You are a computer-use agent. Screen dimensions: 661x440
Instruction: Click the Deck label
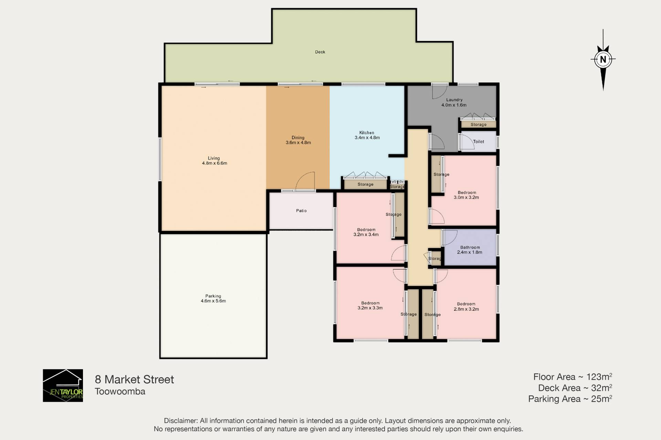(320, 52)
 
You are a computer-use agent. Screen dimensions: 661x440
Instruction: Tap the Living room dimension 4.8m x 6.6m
(214, 163)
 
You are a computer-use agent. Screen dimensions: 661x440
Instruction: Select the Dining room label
(298, 138)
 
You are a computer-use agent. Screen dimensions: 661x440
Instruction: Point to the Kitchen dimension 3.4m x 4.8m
(367, 138)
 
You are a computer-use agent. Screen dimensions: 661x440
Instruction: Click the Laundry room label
(454, 100)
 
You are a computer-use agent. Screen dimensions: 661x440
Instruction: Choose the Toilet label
(479, 142)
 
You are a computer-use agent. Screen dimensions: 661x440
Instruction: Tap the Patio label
(301, 211)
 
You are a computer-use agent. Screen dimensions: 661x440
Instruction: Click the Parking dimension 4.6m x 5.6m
(213, 301)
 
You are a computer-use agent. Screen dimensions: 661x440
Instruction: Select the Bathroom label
(470, 247)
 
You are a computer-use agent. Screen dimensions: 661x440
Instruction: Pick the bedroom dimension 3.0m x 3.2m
(466, 197)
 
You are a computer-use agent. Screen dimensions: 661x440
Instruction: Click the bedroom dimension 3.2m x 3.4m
(366, 235)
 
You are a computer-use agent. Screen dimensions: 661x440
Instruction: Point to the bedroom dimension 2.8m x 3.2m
(466, 309)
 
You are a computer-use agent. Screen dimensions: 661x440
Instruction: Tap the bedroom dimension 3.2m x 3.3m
(370, 308)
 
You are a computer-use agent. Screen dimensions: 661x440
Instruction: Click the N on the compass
(603, 59)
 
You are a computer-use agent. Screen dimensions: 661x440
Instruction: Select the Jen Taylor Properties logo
(63, 385)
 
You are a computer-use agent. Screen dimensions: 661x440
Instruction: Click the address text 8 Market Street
(134, 379)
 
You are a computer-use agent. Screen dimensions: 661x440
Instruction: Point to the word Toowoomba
(120, 391)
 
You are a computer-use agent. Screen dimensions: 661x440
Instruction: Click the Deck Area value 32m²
(601, 388)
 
